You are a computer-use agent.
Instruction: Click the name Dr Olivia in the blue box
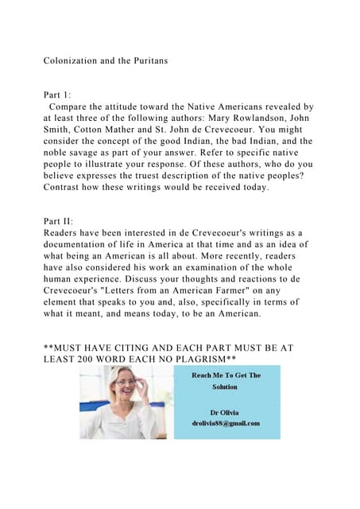click(x=224, y=413)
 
